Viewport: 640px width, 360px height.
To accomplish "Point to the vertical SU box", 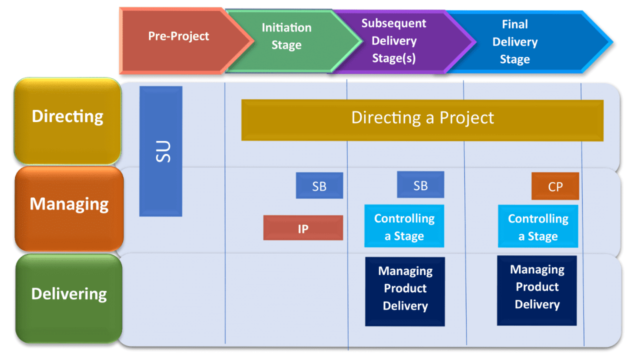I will (x=160, y=151).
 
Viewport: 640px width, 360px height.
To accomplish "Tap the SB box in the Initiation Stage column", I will (x=319, y=185).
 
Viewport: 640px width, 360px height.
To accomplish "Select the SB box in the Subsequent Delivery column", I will (x=420, y=184).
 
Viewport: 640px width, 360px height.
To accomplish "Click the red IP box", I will (x=303, y=228).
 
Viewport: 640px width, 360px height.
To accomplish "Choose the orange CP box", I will (x=555, y=186).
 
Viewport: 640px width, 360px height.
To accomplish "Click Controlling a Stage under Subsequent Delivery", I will (x=404, y=226).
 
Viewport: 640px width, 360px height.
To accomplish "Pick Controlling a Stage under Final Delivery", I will (x=538, y=226).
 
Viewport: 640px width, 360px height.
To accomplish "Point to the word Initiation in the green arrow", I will (x=286, y=28).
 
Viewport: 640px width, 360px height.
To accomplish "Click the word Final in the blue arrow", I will (x=515, y=24).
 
